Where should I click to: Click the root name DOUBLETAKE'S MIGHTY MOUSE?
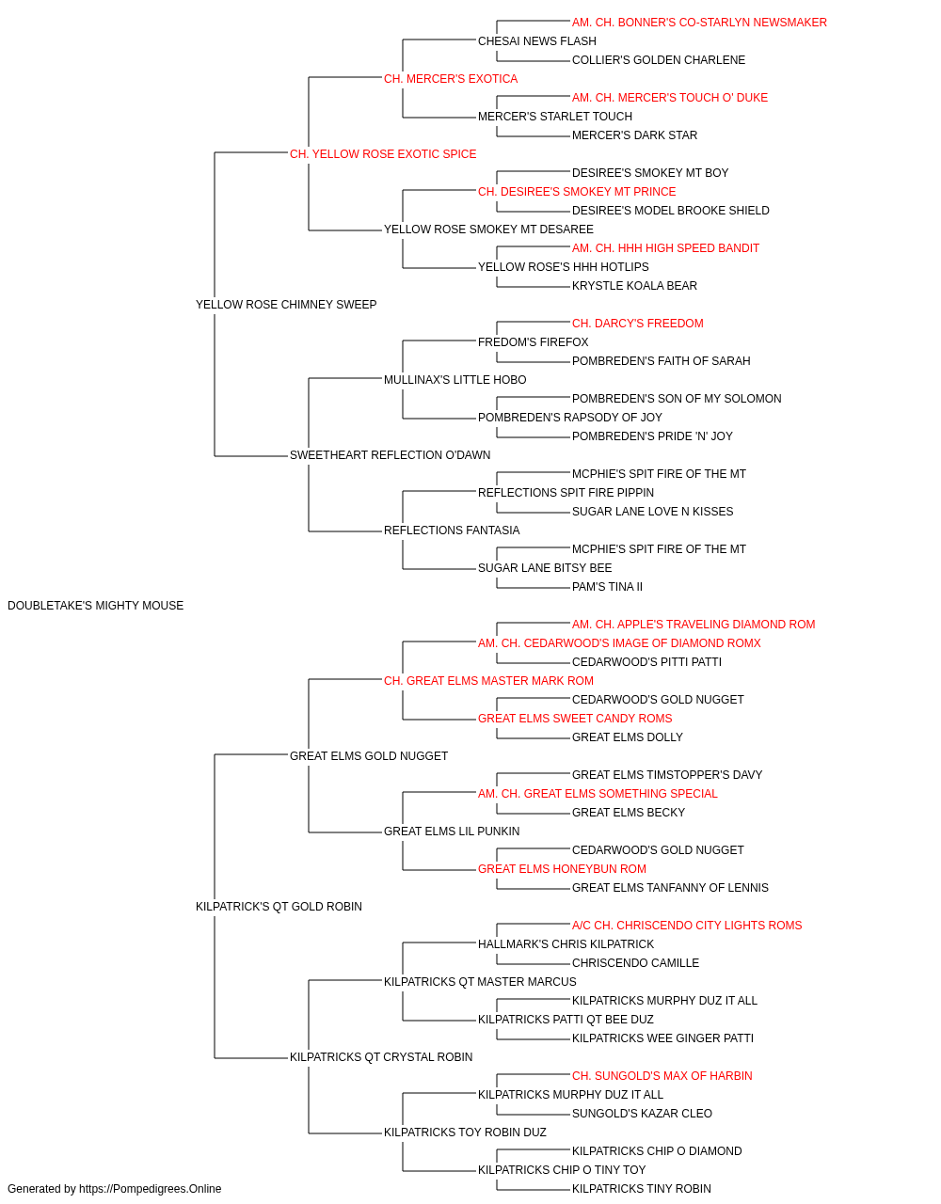tap(95, 606)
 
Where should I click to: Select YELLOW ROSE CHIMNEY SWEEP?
tap(286, 305)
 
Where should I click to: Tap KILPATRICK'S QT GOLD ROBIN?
tap(279, 907)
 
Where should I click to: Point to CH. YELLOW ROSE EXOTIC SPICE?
tap(383, 154)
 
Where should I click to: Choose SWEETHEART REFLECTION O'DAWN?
tap(391, 455)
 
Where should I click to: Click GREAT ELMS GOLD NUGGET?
tap(369, 755)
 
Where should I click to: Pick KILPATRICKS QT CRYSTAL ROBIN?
tap(381, 1057)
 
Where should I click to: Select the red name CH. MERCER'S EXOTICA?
tap(451, 79)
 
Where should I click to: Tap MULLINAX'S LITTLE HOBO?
tap(455, 379)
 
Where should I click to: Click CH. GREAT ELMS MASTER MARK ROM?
tap(488, 680)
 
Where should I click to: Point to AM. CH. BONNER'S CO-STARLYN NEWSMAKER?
tap(699, 23)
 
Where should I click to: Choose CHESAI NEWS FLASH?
tap(537, 41)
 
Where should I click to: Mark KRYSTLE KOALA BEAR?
tap(634, 286)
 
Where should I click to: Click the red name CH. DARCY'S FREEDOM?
tap(638, 323)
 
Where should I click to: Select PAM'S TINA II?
tap(607, 587)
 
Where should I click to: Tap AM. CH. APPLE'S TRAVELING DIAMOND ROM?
tap(694, 625)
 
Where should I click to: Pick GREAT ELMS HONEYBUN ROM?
tap(562, 869)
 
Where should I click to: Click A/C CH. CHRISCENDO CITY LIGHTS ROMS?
tap(687, 926)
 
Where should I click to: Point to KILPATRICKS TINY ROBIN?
tap(641, 1189)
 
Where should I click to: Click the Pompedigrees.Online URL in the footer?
tap(150, 1189)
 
